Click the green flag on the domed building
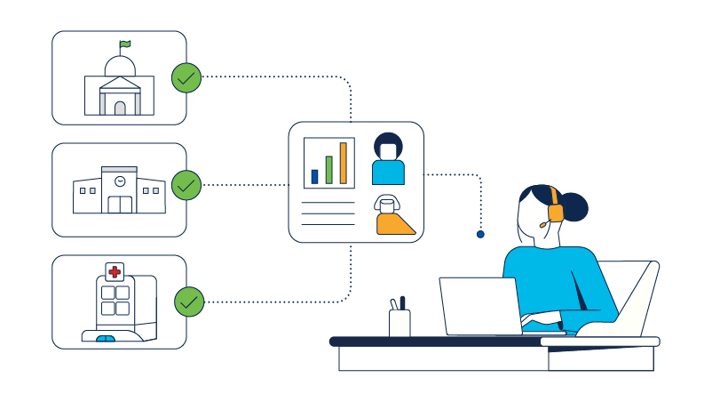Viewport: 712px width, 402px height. tap(125, 44)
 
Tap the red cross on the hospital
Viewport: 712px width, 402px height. tap(115, 272)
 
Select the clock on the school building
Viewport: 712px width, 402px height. tap(119, 181)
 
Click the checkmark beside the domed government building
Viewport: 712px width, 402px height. tap(186, 78)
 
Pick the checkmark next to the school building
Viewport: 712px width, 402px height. tap(186, 185)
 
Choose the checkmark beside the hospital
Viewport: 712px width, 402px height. tap(188, 301)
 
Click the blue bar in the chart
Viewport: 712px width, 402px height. tap(314, 176)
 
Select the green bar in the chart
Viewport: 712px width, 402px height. tap(328, 169)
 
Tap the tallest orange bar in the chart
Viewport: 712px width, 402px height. tap(343, 163)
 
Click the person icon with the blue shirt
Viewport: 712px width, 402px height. tap(388, 159)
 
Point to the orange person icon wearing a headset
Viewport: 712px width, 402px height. tap(392, 215)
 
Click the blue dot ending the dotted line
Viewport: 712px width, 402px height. tap(480, 235)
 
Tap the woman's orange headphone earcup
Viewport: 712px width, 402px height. tap(556, 212)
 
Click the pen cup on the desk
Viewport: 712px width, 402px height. tap(400, 322)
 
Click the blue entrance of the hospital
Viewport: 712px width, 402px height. tap(106, 339)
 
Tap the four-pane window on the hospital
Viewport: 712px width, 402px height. tap(115, 301)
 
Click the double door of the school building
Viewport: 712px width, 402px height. tap(119, 204)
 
